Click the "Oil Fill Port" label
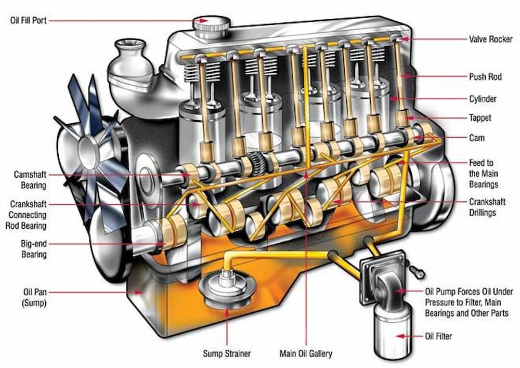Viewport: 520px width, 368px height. (29, 20)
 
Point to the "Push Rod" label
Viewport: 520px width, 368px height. (485, 76)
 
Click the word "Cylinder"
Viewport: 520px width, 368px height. (483, 99)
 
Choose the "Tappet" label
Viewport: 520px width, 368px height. (479, 119)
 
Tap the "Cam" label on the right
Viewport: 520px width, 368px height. (477, 138)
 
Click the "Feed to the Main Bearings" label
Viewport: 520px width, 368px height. (483, 173)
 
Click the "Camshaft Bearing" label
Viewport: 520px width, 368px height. (30, 180)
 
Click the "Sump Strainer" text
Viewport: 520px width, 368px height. (227, 353)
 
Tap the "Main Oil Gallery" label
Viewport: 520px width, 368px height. (306, 353)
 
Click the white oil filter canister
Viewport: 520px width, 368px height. (386, 333)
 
